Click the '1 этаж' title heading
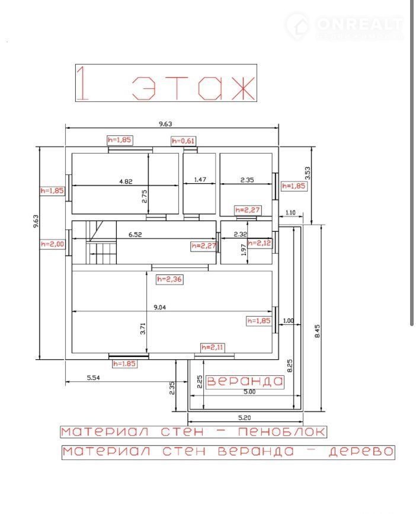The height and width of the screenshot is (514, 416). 166,83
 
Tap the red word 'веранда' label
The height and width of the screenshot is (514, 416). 245,381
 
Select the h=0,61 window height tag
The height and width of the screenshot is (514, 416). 184,141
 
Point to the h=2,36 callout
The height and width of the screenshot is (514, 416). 169,279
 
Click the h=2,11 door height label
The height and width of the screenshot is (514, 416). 213,347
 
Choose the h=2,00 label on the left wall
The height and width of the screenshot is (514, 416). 52,244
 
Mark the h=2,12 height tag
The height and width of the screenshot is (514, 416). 260,243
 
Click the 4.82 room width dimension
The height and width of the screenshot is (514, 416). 126,181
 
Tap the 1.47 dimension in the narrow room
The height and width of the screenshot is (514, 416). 200,180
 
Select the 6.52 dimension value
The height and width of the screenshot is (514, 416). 135,234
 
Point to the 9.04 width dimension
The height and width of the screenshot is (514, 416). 159,307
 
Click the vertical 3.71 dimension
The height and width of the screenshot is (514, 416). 143,328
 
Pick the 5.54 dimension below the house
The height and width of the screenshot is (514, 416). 94,378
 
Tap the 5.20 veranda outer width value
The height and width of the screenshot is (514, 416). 245,417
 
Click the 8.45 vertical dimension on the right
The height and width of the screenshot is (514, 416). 317,331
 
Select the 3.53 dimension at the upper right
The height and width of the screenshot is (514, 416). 307,174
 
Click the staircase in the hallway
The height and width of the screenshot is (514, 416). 101,242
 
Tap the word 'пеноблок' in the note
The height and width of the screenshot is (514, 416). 282,432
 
